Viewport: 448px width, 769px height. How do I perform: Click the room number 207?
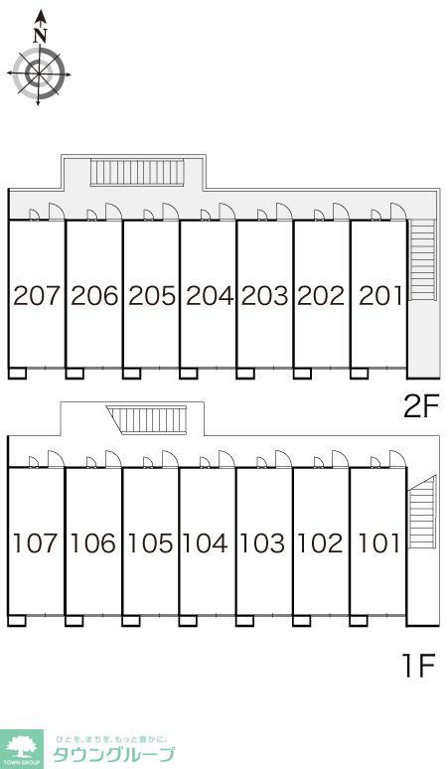tap(37, 296)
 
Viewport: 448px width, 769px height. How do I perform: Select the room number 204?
tap(210, 296)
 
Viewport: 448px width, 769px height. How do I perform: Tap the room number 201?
tap(380, 296)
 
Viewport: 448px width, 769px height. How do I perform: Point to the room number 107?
tap(35, 543)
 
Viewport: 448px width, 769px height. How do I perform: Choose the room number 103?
tap(262, 543)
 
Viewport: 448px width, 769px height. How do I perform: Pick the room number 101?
tap(379, 543)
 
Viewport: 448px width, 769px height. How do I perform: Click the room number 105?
tap(150, 543)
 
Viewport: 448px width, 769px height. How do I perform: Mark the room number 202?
tap(321, 296)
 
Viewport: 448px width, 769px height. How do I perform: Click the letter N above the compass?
tap(40, 36)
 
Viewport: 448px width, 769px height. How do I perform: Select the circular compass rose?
tap(39, 75)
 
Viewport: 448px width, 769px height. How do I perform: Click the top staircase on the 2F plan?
tap(137, 172)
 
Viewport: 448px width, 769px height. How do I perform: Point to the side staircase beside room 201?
tap(422, 260)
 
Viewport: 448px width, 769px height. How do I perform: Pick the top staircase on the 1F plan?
tap(147, 420)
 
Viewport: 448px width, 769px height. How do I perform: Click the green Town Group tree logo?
tap(21, 749)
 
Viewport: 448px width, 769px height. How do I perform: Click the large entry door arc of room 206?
tap(114, 212)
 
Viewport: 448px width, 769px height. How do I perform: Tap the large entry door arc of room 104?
tap(226, 459)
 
